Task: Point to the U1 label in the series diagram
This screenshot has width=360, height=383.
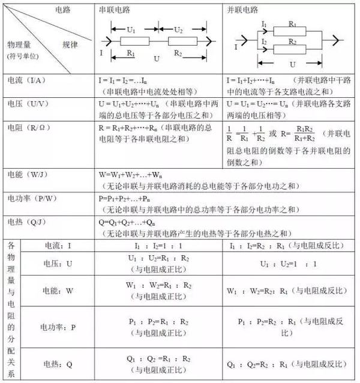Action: [130, 29]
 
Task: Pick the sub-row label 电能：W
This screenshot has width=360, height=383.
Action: [58, 291]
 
